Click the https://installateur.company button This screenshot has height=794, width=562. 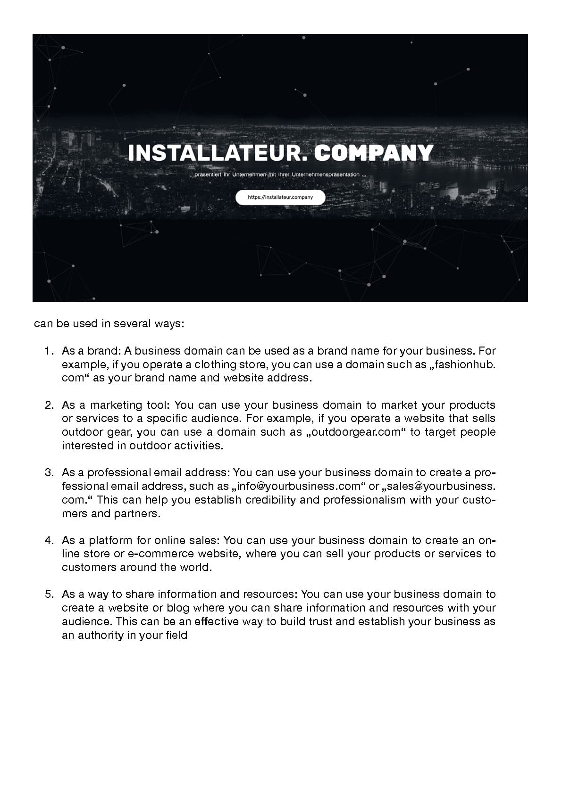(280, 198)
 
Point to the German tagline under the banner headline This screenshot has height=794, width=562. (280, 175)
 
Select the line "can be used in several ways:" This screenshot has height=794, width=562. (109, 324)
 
